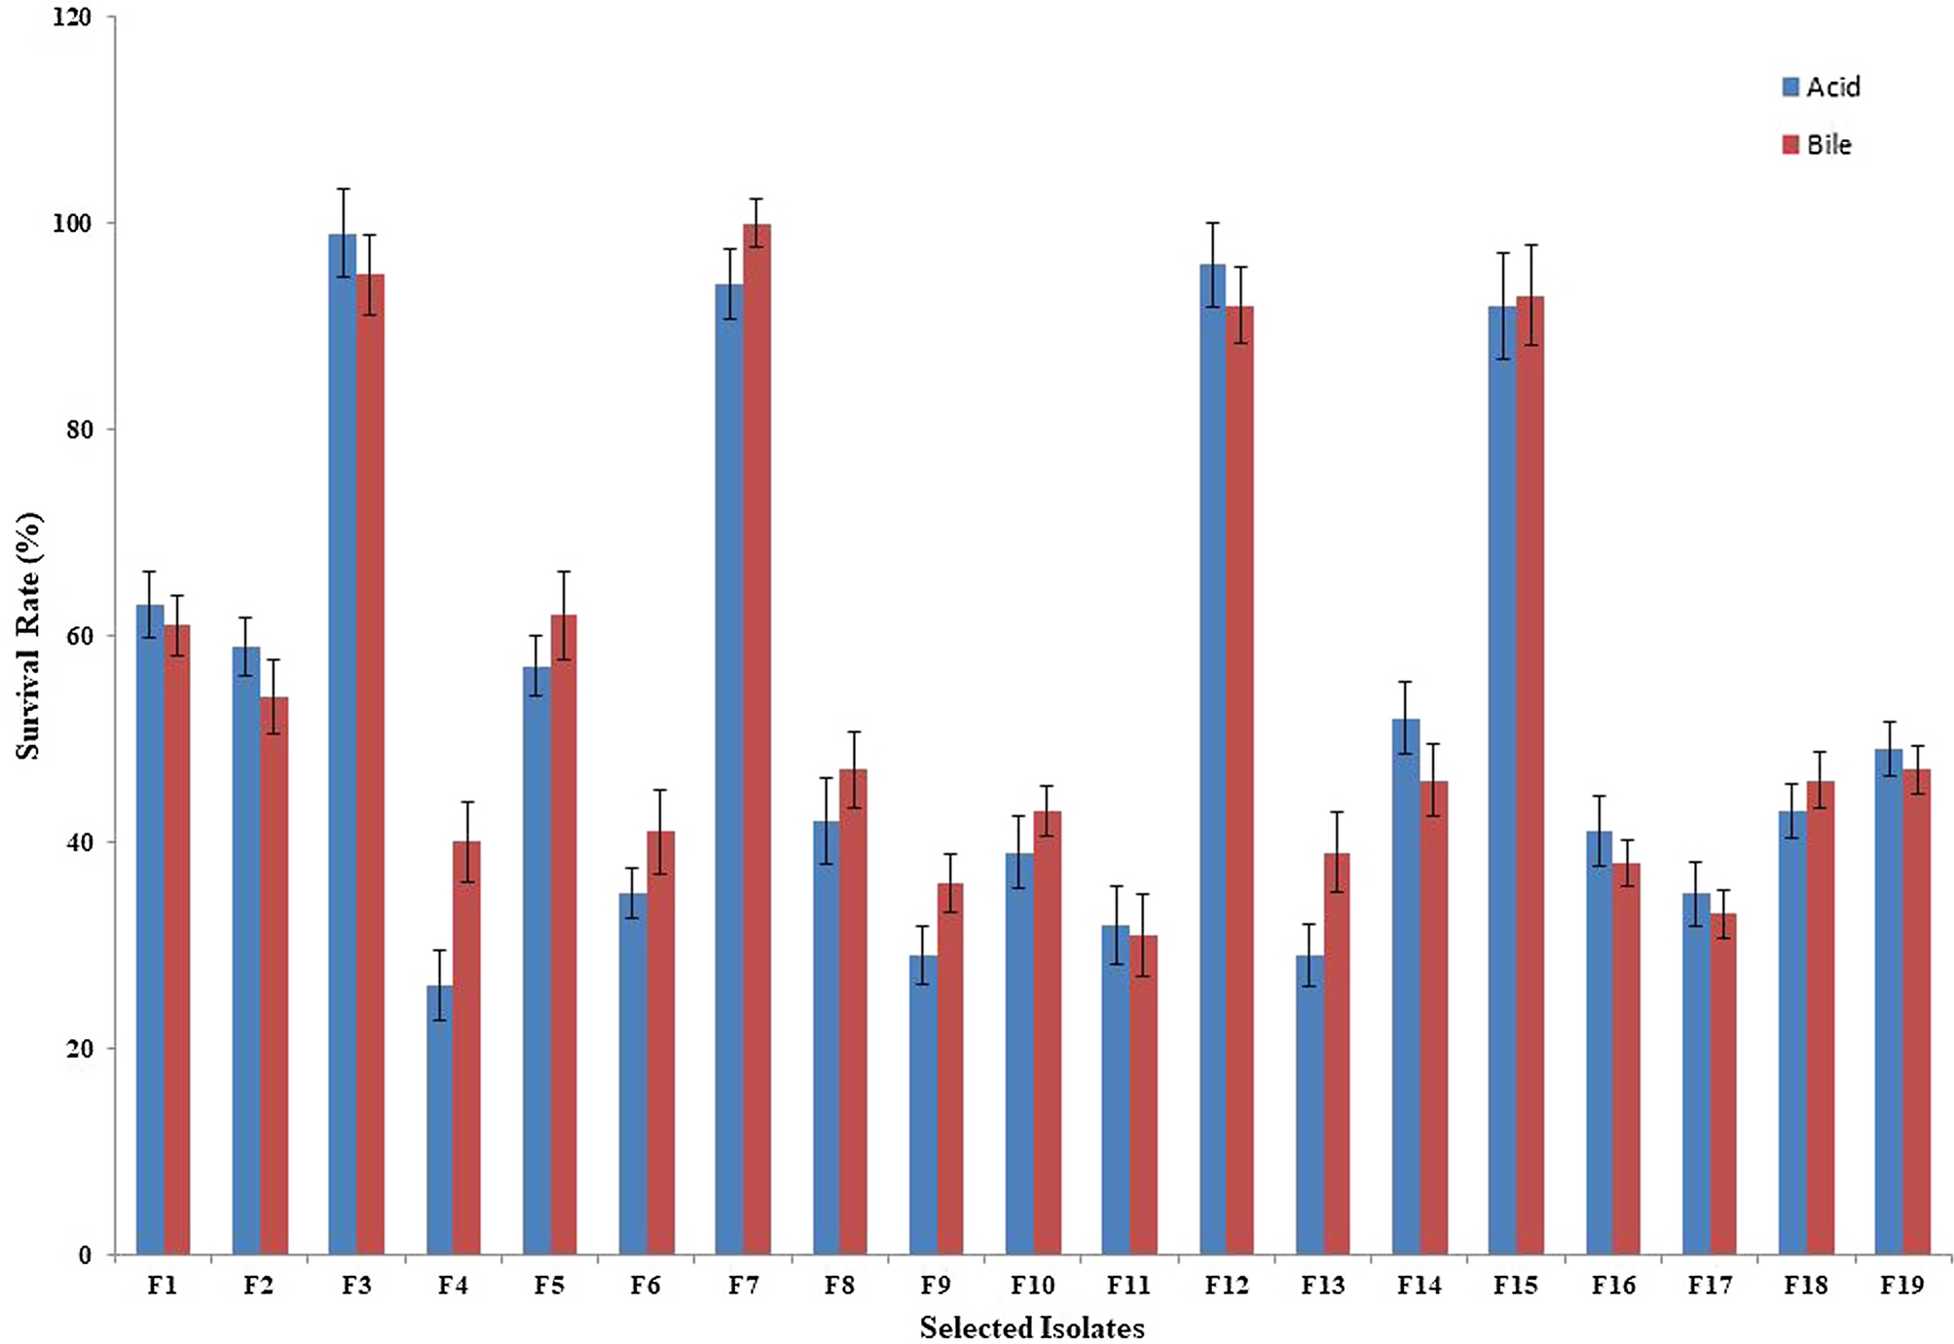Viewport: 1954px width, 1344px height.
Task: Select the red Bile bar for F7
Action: pos(756,739)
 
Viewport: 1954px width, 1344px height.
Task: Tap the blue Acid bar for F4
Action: pos(439,1120)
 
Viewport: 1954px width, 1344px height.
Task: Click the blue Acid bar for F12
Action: pos(1212,760)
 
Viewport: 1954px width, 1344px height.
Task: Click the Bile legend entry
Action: pos(1817,145)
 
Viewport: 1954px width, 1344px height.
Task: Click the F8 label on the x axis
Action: pos(839,1286)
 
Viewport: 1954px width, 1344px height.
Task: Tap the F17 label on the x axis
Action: pos(1709,1286)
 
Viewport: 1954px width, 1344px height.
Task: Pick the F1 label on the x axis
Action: pos(162,1286)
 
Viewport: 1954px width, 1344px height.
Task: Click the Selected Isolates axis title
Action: pos(1032,1327)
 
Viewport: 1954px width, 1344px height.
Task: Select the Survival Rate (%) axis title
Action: pos(29,636)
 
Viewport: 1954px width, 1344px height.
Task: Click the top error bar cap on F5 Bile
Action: pos(564,572)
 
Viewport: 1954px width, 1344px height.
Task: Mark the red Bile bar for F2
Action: pos(274,975)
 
